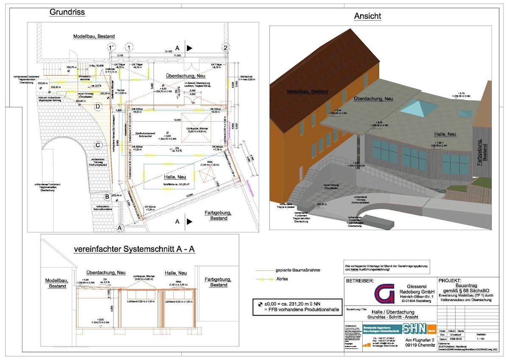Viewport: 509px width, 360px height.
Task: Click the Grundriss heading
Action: pyautogui.click(x=67, y=12)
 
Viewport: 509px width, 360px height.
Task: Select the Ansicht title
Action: pyautogui.click(x=367, y=16)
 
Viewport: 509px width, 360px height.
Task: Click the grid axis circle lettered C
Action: pyautogui.click(x=98, y=145)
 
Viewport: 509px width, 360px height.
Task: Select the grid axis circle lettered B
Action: pyautogui.click(x=108, y=196)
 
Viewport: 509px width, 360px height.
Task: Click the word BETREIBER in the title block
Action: pyautogui.click(x=361, y=281)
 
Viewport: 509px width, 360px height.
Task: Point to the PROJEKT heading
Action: pyautogui.click(x=452, y=281)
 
